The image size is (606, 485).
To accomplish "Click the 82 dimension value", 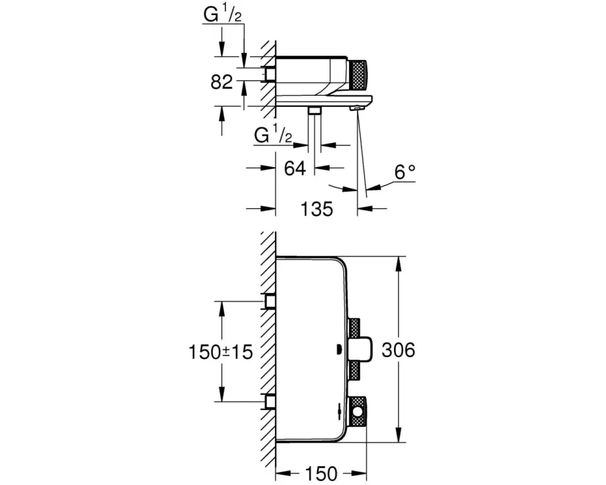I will coord(222,82).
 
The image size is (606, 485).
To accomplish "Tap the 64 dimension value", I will coord(295,168).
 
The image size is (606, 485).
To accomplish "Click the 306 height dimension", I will coord(399,350).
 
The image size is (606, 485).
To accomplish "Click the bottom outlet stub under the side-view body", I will coord(314,110).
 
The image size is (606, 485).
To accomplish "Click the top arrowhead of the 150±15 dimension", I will coord(221,306).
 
